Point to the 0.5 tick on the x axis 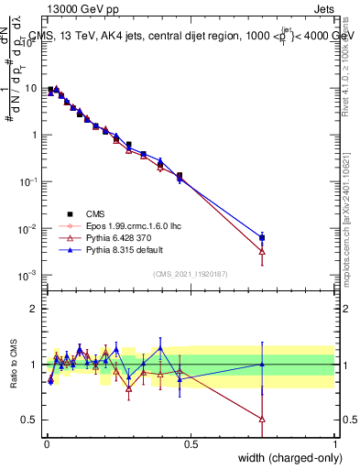tap(191, 443)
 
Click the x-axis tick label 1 tap(335, 443)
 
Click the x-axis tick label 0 tap(47, 443)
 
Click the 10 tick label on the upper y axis tap(29, 89)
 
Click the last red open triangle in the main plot tap(263, 250)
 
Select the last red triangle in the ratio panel tap(263, 420)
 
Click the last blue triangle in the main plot tap(263, 238)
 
